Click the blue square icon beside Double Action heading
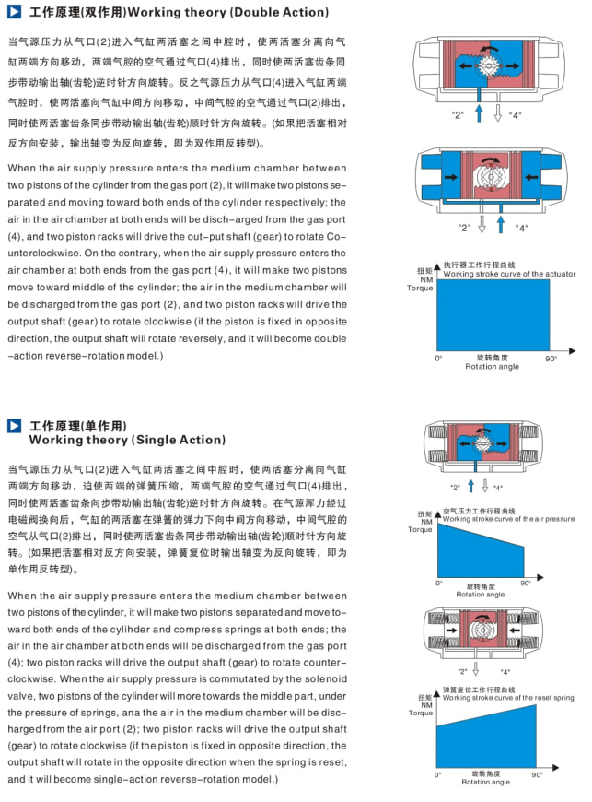14,12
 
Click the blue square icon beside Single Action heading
14,426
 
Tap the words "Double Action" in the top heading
280,13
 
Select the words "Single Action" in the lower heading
180,440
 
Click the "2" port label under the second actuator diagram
465,227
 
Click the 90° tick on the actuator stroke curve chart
551,359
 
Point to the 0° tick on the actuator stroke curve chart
438,359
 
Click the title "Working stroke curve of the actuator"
509,274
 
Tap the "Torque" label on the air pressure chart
421,529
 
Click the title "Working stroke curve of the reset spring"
507,698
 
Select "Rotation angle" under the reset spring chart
485,782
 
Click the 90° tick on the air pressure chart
526,583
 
